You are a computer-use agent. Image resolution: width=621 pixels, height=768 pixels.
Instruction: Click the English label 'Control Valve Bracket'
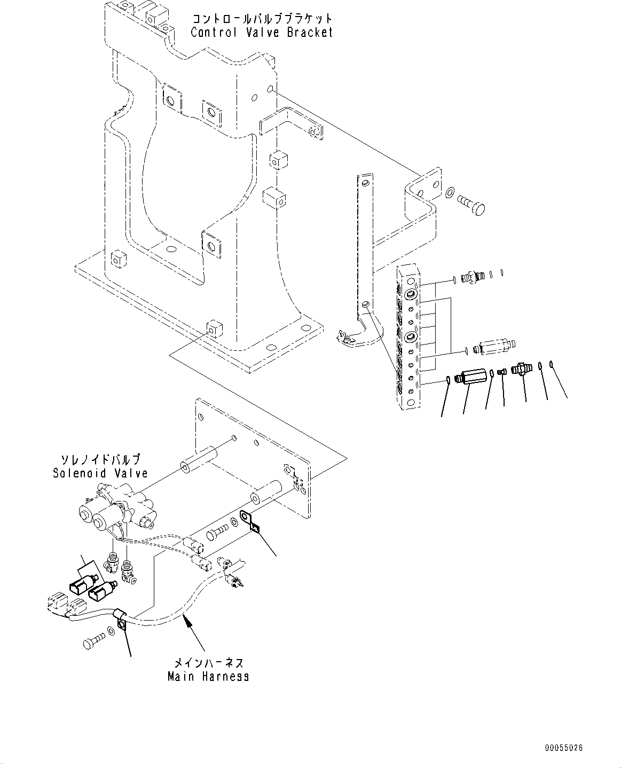click(x=262, y=32)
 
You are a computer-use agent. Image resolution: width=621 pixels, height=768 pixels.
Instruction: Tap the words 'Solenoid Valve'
click(x=100, y=473)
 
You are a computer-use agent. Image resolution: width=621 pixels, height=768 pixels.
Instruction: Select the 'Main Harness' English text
click(x=208, y=676)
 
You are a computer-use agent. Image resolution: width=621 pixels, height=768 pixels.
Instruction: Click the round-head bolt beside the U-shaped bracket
click(x=470, y=205)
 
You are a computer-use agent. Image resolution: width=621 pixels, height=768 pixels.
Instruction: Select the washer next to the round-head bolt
click(x=450, y=191)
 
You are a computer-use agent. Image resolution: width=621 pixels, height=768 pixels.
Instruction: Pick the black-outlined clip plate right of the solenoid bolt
click(x=249, y=521)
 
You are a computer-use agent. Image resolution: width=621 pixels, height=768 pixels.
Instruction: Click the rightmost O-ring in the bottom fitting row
click(x=552, y=365)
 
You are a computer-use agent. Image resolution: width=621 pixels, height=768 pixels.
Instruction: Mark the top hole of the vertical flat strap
click(x=365, y=183)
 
